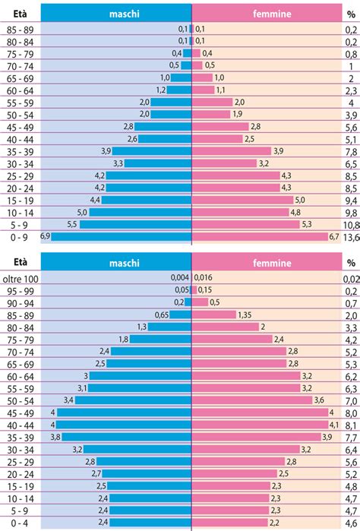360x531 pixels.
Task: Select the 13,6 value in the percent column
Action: coord(349,236)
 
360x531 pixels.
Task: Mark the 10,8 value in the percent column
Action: coord(349,225)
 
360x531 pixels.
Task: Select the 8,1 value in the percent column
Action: coord(350,425)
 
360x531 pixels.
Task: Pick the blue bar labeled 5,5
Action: coord(135,225)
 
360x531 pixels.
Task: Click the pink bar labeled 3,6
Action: coord(250,400)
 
